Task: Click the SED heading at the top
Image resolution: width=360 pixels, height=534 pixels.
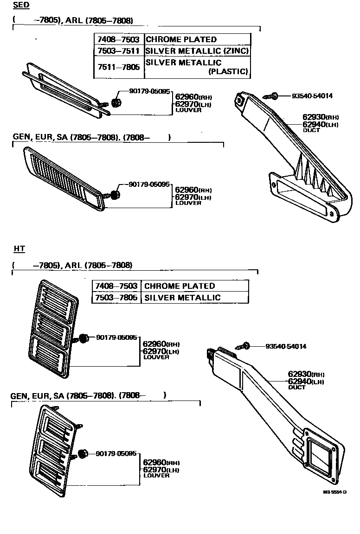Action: click(21, 6)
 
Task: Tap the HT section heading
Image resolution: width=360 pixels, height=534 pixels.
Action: click(19, 249)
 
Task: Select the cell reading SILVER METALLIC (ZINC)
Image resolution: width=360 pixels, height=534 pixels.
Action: click(197, 51)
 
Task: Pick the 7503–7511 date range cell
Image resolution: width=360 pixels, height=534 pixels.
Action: click(118, 51)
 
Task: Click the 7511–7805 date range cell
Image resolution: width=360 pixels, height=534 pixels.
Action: click(118, 67)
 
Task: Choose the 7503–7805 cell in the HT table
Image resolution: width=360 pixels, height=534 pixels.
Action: click(116, 298)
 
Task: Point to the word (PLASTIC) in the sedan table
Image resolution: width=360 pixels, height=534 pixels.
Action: click(228, 71)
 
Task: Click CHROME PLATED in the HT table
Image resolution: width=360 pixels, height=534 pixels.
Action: click(180, 286)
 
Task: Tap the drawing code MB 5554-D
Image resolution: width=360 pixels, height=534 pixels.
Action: click(335, 492)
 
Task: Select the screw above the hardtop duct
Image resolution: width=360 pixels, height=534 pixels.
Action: click(243, 346)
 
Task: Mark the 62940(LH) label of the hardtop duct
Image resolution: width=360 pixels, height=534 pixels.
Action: click(305, 381)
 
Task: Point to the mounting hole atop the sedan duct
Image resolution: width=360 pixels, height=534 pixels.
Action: click(240, 98)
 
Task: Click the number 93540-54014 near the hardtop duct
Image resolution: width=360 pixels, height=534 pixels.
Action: click(286, 346)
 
